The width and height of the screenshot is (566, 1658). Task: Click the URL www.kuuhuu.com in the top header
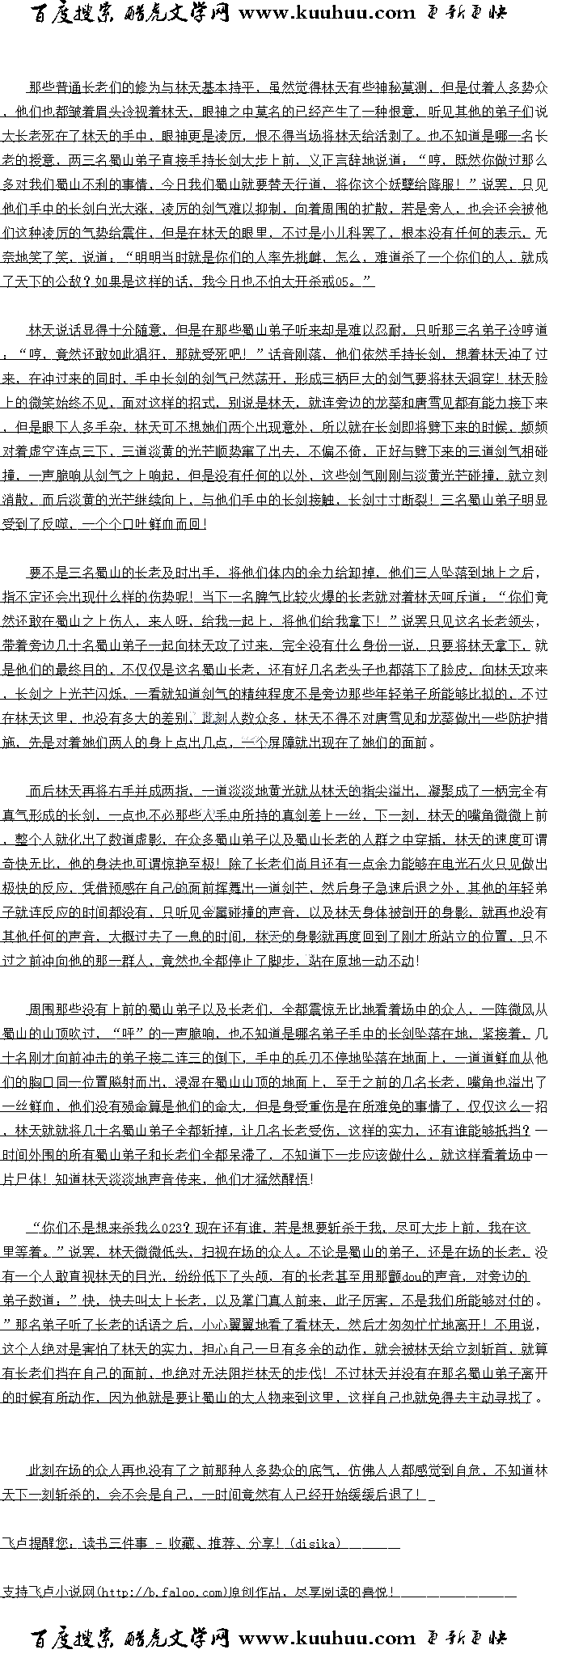327,12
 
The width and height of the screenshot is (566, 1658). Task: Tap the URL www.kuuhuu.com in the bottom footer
327,1639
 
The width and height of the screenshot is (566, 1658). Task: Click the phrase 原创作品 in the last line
256,1592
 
